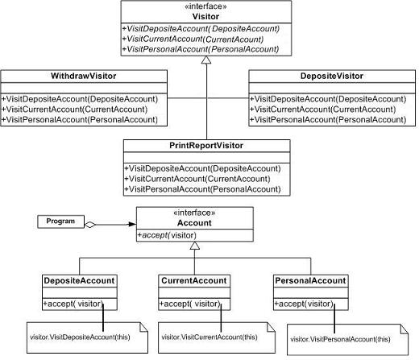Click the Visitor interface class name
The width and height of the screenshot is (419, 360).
tap(205, 17)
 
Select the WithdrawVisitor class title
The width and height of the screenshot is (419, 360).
tap(84, 76)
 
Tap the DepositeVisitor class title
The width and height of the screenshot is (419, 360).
tap(332, 76)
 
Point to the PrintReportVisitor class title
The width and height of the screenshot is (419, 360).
tap(206, 146)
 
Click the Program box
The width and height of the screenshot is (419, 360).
tap(60, 221)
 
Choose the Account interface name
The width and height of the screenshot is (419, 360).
tap(194, 223)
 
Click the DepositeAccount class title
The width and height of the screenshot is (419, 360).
tap(79, 280)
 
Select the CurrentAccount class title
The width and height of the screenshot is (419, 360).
tap(194, 280)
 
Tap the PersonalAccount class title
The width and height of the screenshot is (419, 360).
tap(310, 280)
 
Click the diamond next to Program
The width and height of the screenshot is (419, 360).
tap(90, 225)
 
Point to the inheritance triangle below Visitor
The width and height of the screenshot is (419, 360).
tap(206, 60)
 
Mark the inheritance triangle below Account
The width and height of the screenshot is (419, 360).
tap(195, 246)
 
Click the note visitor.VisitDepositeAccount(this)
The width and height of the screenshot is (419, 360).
tap(87, 337)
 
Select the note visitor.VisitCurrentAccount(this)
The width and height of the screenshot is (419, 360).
tap(217, 337)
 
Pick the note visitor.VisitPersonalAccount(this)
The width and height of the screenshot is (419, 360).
tap(347, 340)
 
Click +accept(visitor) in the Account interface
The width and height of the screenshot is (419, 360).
tap(167, 235)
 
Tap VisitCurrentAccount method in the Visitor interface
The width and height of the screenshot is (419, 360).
tap(193, 39)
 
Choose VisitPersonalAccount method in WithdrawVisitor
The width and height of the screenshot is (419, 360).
tap(80, 120)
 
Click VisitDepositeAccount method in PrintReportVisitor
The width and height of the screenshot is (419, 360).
tap(202, 168)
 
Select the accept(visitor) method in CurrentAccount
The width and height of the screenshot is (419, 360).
tap(189, 304)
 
